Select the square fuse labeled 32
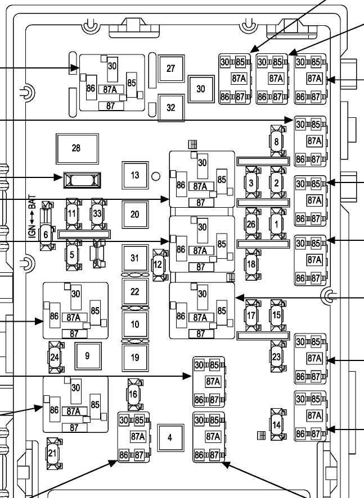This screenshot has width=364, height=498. click(172, 107)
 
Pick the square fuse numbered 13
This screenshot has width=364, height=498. click(134, 175)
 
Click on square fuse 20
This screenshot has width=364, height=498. click(134, 214)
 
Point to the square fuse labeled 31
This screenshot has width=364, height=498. click(134, 258)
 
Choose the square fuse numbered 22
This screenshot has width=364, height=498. click(134, 292)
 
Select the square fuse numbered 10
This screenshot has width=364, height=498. click(134, 325)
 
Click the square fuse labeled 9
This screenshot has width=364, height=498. click(87, 355)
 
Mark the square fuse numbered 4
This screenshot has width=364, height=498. click(169, 438)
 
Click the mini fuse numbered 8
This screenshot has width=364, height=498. click(276, 142)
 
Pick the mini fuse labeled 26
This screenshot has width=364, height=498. click(251, 223)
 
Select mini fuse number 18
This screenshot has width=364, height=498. click(251, 263)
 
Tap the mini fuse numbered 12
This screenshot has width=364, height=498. click(159, 263)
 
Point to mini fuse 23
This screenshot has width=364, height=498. click(276, 357)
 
